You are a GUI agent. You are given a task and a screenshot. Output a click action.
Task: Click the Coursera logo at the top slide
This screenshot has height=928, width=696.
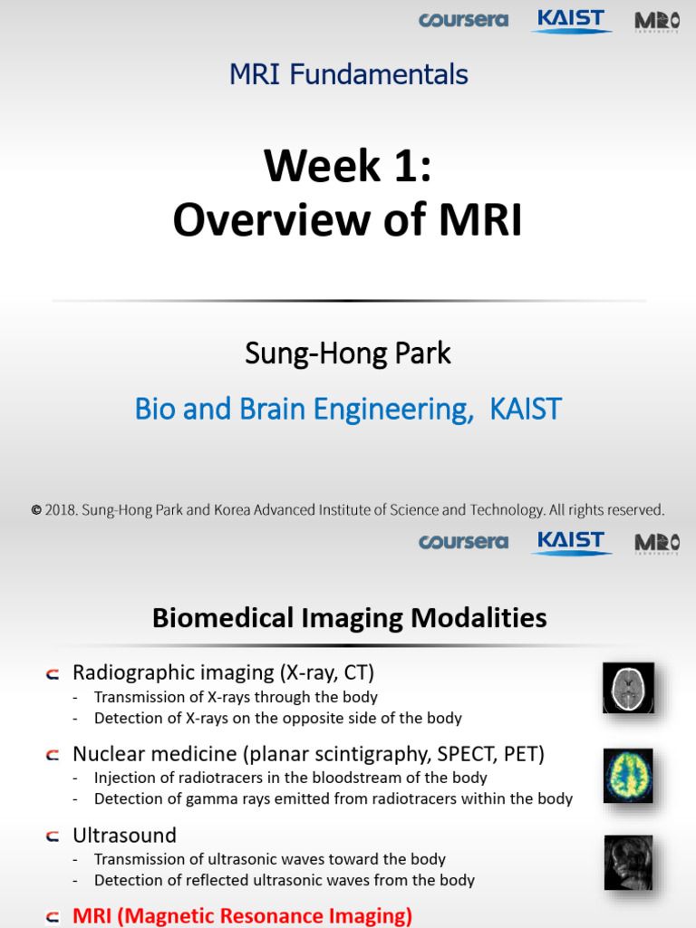pos(463,20)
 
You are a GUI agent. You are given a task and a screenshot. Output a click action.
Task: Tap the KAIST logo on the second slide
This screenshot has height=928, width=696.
pos(571,542)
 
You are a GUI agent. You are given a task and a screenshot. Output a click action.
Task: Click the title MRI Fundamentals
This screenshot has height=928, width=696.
pos(349,74)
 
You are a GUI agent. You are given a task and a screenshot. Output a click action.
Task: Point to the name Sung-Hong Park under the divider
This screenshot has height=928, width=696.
pos(348,354)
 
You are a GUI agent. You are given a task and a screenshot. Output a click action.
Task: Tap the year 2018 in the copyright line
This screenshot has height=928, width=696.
pos(61,509)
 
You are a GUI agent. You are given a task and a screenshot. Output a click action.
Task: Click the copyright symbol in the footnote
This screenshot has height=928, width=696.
pos(36,510)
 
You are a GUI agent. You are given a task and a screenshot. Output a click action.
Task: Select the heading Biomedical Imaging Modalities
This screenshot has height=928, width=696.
pos(349,618)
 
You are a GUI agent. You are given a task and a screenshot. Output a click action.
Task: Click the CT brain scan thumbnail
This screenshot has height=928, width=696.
pos(629,687)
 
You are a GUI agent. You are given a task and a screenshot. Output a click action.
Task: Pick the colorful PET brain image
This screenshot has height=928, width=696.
pos(629,776)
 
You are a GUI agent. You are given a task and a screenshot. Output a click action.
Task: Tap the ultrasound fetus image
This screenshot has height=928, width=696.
pos(629,863)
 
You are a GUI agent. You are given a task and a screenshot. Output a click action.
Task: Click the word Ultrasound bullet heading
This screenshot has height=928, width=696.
pos(124,835)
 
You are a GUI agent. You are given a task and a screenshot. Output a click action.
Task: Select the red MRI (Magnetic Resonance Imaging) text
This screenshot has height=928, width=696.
pos(242,915)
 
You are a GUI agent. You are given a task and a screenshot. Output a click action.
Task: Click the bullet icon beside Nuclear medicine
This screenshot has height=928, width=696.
pos(53,755)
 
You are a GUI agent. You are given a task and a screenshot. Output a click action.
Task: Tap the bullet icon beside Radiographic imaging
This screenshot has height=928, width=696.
pos(53,674)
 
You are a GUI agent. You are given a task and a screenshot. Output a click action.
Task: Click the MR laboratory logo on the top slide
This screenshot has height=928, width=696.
pos(657,22)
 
